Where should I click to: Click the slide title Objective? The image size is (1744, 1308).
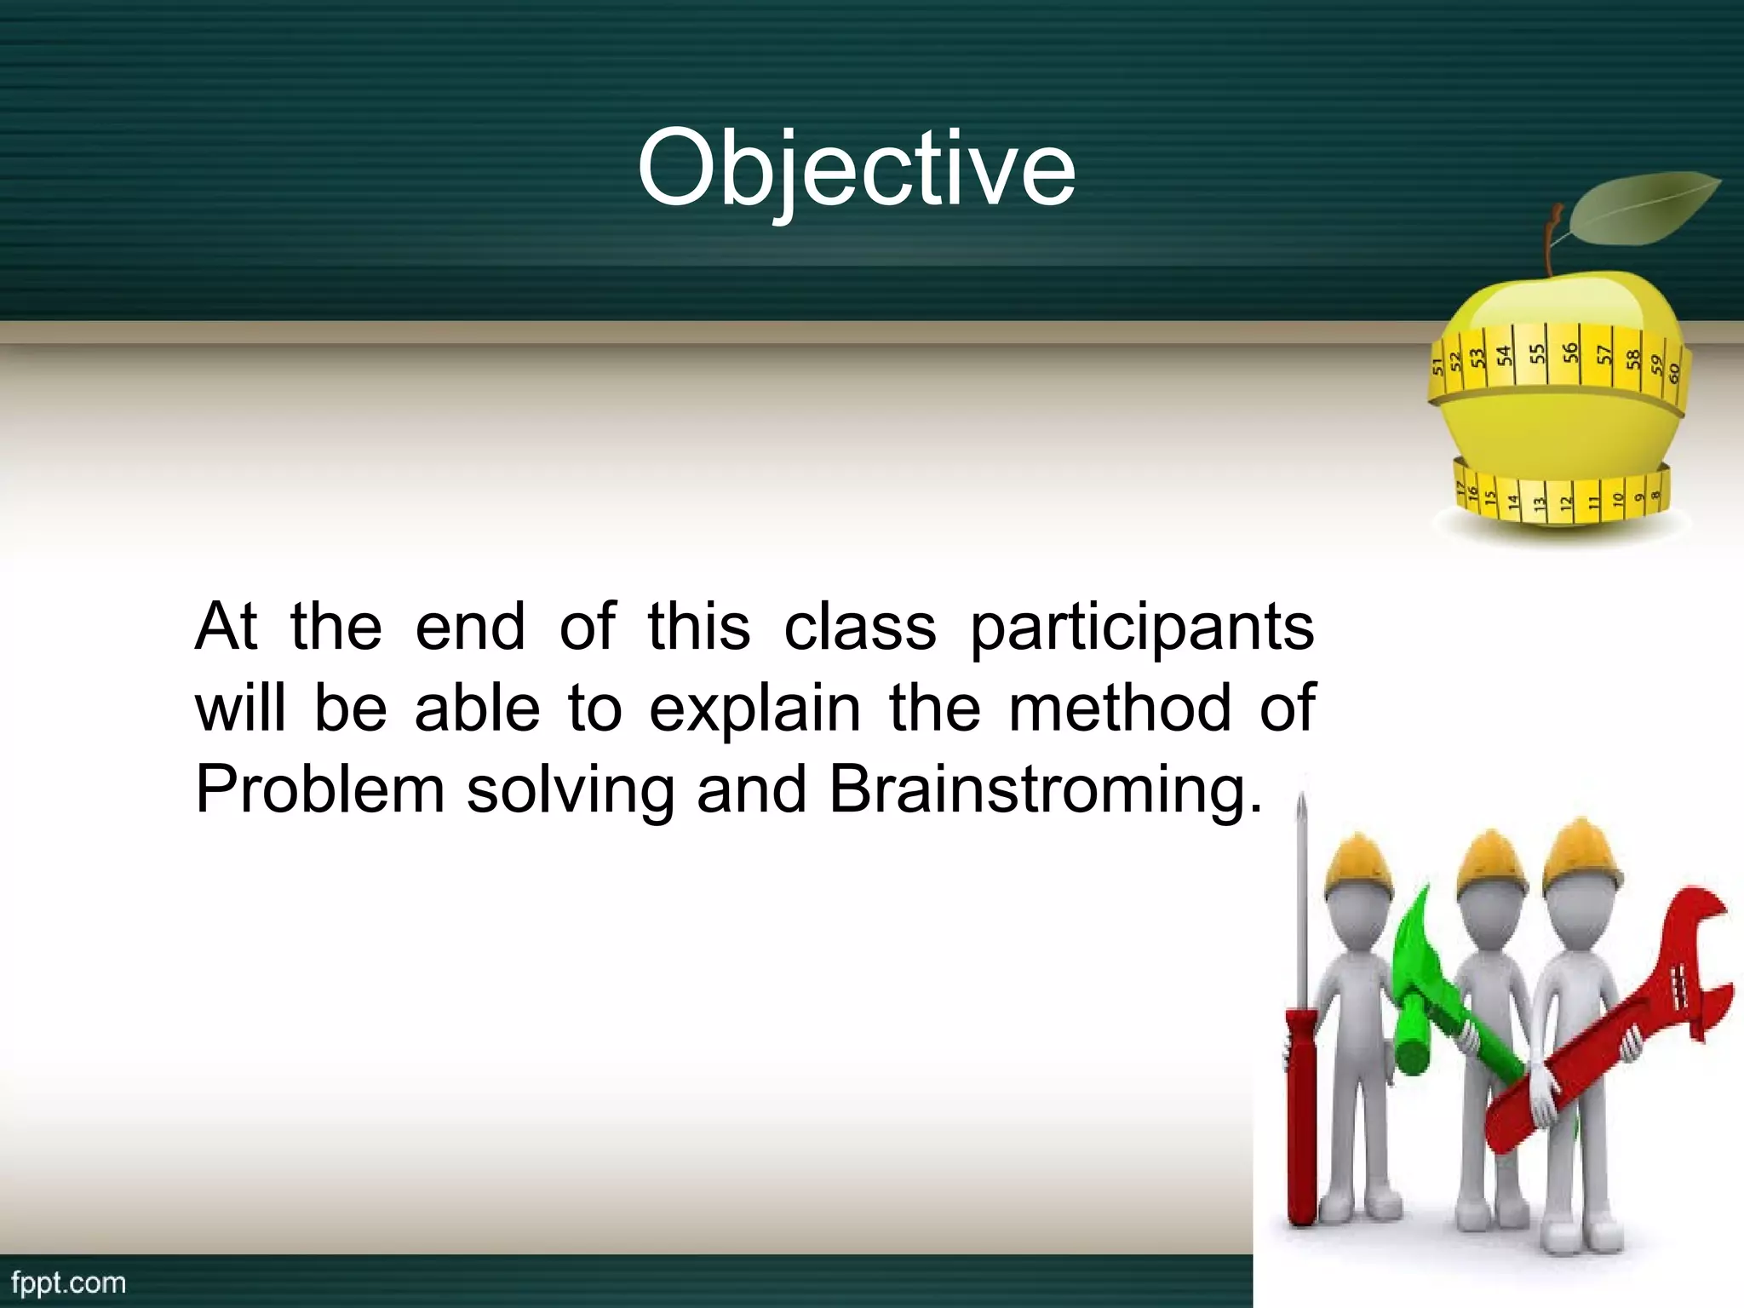click(856, 168)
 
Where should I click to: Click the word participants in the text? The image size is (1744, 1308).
click(1142, 628)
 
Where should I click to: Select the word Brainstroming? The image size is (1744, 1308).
click(1045, 789)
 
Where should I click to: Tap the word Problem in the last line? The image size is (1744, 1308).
click(320, 789)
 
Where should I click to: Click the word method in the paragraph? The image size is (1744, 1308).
click(1120, 708)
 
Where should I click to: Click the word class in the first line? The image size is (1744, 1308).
click(859, 628)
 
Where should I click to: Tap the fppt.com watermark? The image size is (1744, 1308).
click(69, 1282)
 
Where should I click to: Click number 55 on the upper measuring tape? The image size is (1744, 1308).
click(1536, 353)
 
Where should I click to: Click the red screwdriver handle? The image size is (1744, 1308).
click(1300, 1124)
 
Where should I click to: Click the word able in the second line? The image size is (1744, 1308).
click(477, 708)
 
